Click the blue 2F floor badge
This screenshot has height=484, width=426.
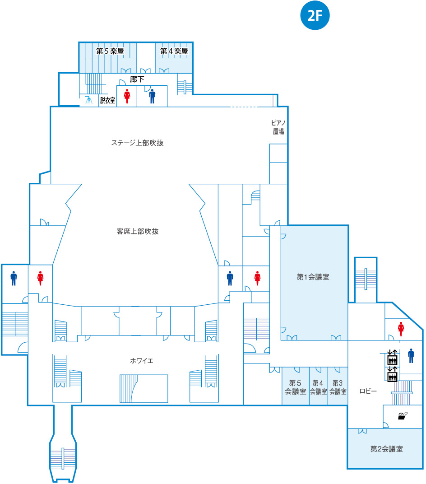[x=315, y=15]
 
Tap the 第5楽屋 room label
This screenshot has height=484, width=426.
[x=110, y=51]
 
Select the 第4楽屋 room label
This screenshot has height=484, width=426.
[x=174, y=51]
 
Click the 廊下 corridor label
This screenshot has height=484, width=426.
[x=137, y=79]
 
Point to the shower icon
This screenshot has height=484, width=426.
[x=89, y=100]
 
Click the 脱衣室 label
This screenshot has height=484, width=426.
[x=107, y=100]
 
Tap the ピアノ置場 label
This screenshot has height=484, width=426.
[x=278, y=127]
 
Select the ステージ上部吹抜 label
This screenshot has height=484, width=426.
[x=137, y=143]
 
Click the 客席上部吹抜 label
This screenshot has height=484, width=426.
[x=138, y=232]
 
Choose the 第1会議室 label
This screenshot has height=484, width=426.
[x=313, y=277]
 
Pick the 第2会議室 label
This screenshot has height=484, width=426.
[x=387, y=449]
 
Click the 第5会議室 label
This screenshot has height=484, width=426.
[x=295, y=387]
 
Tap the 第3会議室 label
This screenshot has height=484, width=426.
[x=338, y=387]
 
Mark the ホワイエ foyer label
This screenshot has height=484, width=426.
[x=142, y=361]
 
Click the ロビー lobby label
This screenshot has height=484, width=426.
[x=368, y=391]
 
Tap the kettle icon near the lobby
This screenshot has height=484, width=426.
[x=403, y=416]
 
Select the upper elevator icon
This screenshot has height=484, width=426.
[x=392, y=358]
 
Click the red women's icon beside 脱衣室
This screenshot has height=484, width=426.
[x=127, y=96]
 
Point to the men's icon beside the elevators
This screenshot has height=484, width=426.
[x=411, y=356]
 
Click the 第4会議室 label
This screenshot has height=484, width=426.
[x=318, y=387]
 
